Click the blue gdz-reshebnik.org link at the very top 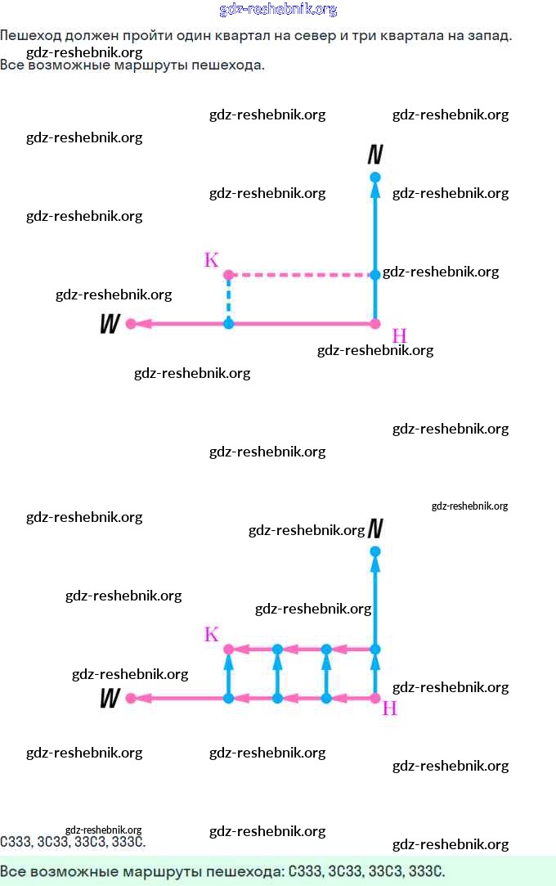point(278,10)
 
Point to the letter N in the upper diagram point(375,155)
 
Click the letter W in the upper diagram point(110,325)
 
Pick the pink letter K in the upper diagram point(211,260)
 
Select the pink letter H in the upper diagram point(399,335)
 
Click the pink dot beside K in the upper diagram point(228,275)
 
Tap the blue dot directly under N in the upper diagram point(375,178)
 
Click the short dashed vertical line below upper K point(228,299)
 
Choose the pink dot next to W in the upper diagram point(131,324)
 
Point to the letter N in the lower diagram point(375,529)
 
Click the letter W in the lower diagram point(110,699)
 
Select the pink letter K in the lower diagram point(211,635)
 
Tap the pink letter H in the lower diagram point(390,708)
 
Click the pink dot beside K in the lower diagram point(228,650)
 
